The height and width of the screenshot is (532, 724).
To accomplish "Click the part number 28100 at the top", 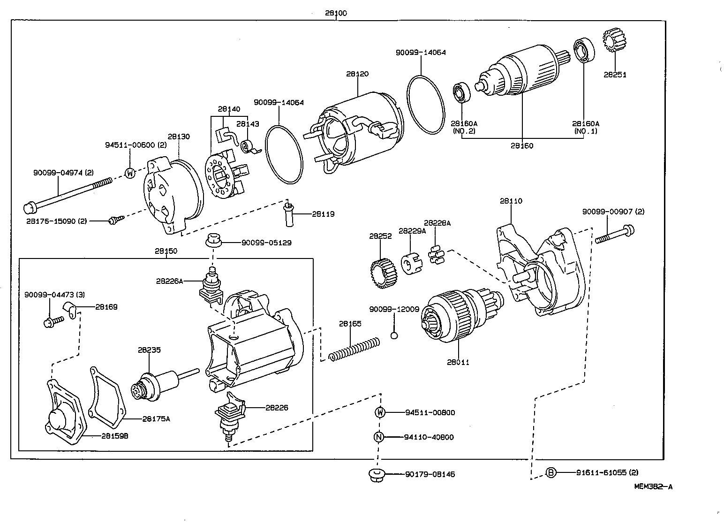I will click(336, 13).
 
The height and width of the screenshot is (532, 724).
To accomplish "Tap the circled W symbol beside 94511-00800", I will click(380, 412).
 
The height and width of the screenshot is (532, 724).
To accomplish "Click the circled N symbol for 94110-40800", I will click(379, 437).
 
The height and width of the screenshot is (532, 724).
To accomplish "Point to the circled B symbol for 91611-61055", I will click(551, 472).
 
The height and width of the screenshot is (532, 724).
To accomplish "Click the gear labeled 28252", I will click(380, 274).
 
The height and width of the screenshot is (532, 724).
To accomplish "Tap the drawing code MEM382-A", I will click(653, 486).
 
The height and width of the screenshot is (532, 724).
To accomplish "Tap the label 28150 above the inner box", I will click(166, 251).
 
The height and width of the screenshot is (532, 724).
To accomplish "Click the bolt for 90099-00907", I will click(615, 234).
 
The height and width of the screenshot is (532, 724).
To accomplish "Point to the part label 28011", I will click(458, 362).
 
